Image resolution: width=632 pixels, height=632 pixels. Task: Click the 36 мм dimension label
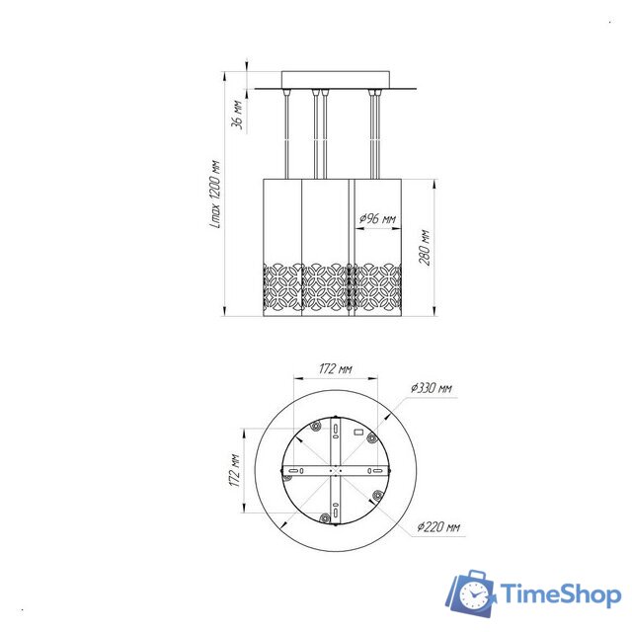(237, 115)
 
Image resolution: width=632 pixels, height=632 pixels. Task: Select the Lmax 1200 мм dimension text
(216, 195)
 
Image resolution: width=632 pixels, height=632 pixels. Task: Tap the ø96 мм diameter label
(377, 219)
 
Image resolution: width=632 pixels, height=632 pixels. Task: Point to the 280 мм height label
(425, 248)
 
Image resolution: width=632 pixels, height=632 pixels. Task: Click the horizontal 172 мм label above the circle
(336, 368)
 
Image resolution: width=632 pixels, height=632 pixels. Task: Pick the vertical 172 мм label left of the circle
(235, 470)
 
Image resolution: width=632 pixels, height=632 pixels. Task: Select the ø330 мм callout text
(432, 388)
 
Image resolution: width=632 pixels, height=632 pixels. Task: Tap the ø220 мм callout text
(438, 526)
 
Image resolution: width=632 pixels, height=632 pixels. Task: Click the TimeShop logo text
(561, 594)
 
